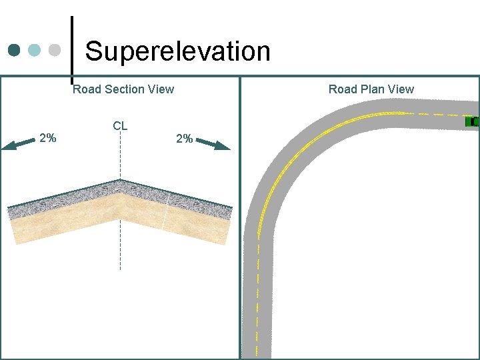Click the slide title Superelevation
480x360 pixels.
click(x=177, y=51)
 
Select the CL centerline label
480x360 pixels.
click(x=120, y=126)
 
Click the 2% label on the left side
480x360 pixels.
click(x=48, y=139)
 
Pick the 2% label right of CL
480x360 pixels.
click(x=184, y=139)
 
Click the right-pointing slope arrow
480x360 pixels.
click(x=214, y=144)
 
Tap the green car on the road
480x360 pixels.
click(x=472, y=121)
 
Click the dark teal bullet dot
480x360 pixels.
click(x=15, y=50)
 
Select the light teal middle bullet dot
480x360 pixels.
click(x=35, y=50)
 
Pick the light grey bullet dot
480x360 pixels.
click(x=55, y=50)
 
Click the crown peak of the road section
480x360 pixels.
click(x=120, y=180)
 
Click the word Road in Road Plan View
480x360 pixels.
click(x=342, y=89)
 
